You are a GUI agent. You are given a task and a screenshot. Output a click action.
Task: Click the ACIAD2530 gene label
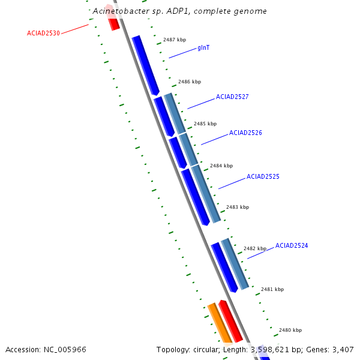[43, 33]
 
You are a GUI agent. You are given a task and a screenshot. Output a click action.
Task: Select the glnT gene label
[203, 48]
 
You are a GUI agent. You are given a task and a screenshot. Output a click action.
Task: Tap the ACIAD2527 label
[232, 97]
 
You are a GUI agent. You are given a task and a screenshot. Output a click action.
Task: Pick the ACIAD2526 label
[245, 133]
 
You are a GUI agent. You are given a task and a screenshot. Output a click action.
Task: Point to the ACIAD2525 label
[263, 176]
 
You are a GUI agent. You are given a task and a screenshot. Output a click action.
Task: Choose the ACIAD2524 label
[292, 245]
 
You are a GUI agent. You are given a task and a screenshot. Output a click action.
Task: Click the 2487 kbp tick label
[175, 40]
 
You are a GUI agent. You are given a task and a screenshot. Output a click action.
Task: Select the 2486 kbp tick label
[190, 82]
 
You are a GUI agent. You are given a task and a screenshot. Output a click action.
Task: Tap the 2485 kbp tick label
[205, 124]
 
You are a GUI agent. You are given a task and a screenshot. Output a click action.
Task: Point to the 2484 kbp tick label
[221, 166]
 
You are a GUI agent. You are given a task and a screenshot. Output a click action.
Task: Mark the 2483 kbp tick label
[238, 207]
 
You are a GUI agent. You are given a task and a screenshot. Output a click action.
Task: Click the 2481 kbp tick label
[272, 289]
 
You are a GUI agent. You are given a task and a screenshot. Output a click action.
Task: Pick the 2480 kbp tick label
[290, 330]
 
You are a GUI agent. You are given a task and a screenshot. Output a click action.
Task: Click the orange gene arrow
[220, 323]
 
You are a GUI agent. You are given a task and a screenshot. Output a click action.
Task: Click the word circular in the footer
[206, 350]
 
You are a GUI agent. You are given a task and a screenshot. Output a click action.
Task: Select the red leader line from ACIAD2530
[75, 29]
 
